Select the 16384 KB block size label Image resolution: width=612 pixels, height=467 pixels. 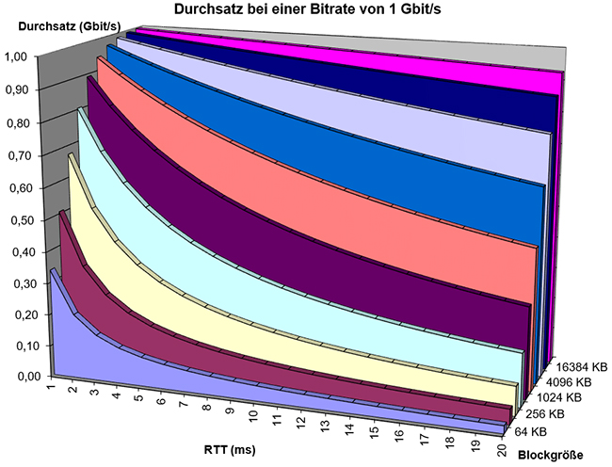pyautogui.click(x=576, y=365)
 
